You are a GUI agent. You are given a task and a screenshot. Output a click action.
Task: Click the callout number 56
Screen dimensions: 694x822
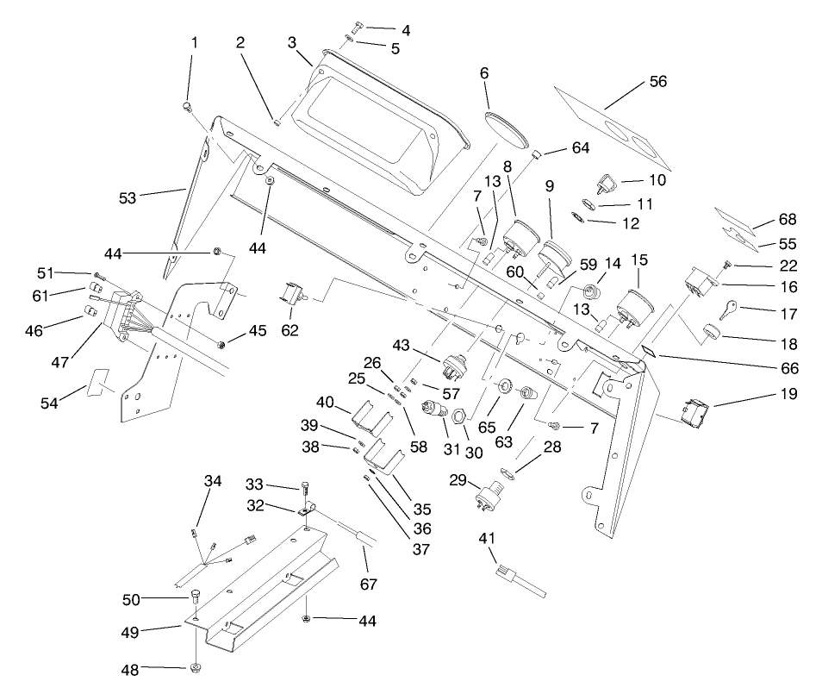click(x=657, y=83)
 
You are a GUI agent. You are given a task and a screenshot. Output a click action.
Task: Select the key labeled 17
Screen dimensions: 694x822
click(x=729, y=309)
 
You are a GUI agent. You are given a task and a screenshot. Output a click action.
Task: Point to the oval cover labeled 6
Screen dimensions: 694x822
click(x=507, y=127)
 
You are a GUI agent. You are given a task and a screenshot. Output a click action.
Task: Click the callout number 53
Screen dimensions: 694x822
click(x=128, y=198)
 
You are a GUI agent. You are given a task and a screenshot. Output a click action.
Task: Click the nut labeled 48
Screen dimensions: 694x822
click(x=196, y=668)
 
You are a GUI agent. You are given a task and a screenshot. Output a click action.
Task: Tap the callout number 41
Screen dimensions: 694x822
click(x=487, y=540)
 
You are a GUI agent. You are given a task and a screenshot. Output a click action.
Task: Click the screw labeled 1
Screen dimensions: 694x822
click(x=189, y=107)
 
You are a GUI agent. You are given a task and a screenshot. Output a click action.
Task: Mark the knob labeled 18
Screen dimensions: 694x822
click(x=711, y=333)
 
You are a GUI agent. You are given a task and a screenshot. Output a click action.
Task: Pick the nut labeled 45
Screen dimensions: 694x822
click(x=221, y=345)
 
